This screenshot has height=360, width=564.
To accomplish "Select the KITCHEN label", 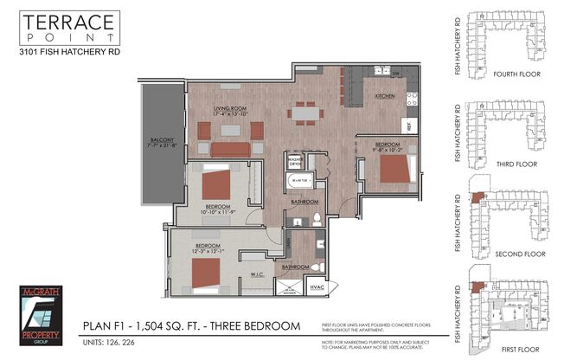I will (x=385, y=97).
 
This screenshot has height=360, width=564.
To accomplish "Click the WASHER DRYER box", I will (x=296, y=162).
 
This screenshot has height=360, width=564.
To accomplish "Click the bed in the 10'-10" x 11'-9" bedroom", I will (x=216, y=184).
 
